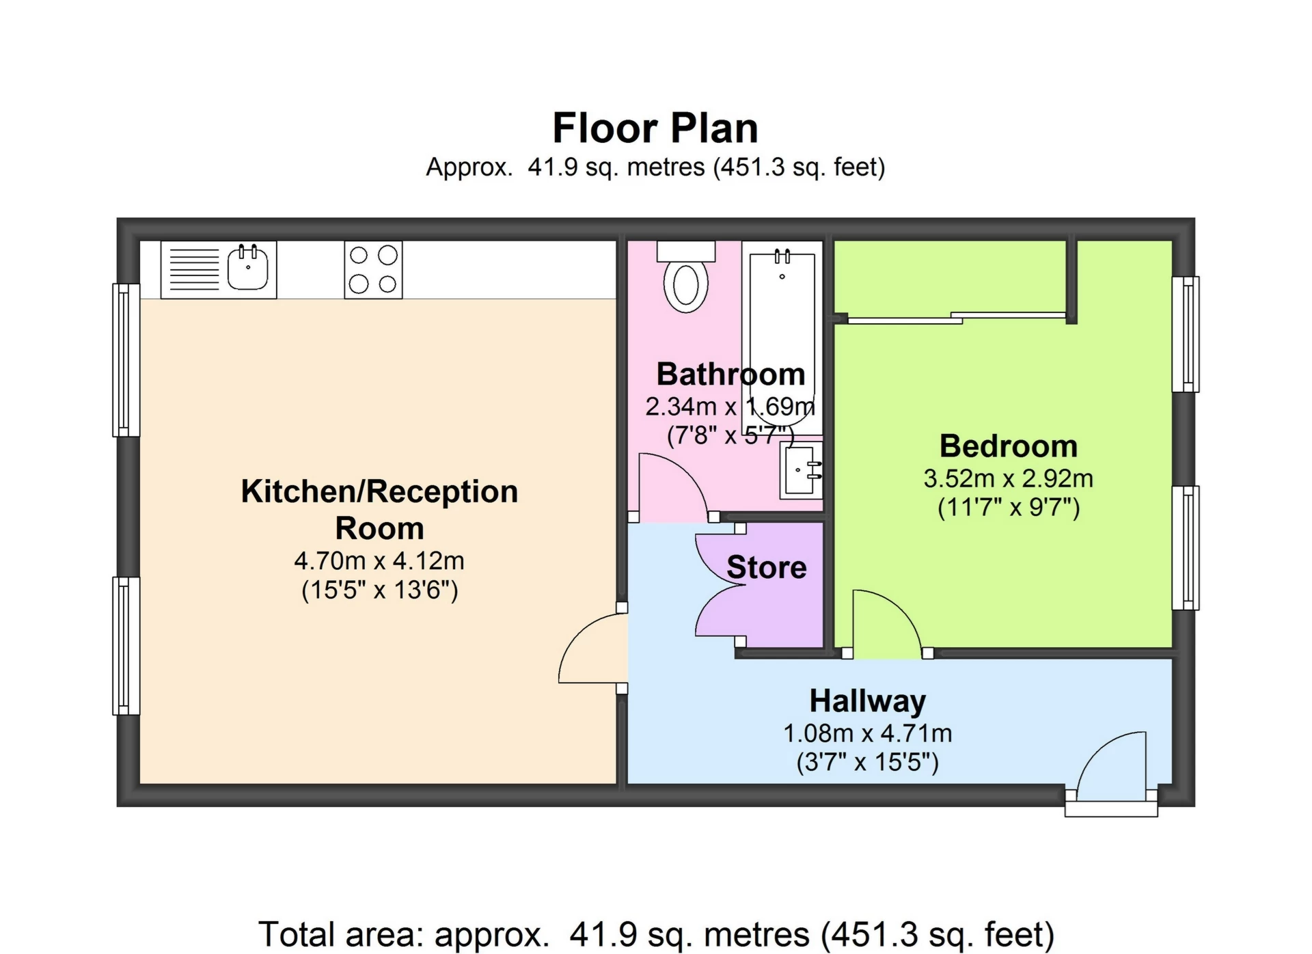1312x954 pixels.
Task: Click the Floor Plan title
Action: pyautogui.click(x=655, y=128)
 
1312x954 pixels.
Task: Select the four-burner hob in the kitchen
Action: pyautogui.click(x=373, y=270)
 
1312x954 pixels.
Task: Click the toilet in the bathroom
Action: pyautogui.click(x=686, y=282)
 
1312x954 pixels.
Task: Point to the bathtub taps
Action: pyautogui.click(x=782, y=258)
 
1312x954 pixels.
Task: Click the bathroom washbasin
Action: pyautogui.click(x=801, y=470)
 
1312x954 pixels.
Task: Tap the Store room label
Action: pyautogui.click(x=766, y=567)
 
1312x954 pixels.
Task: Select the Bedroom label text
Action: pyautogui.click(x=1008, y=446)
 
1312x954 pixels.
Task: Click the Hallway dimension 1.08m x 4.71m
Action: pyautogui.click(x=867, y=733)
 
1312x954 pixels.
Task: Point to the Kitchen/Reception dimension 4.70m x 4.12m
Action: pyautogui.click(x=379, y=561)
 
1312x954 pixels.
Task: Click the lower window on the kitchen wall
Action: pyautogui.click(x=126, y=646)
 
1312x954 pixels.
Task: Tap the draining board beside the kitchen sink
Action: pyautogui.click(x=194, y=270)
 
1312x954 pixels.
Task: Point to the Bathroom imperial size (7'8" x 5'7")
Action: pyautogui.click(x=730, y=435)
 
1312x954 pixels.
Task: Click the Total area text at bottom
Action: pyautogui.click(x=656, y=934)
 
